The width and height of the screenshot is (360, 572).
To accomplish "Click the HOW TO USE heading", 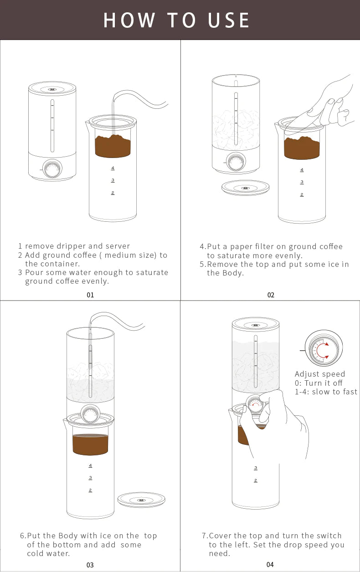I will [177, 20].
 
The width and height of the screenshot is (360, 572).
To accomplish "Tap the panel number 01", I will [90, 295].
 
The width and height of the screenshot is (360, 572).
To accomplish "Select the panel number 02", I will [271, 295].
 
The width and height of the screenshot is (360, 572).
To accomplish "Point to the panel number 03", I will [90, 565].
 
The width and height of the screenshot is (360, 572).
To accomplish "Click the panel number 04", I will [270, 565].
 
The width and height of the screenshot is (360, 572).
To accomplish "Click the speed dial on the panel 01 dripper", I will [53, 169].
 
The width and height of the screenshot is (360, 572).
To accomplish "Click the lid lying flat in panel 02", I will [245, 188].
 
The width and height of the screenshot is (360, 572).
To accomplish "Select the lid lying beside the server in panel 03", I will [141, 500].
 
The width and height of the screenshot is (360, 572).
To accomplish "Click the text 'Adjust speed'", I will [320, 374].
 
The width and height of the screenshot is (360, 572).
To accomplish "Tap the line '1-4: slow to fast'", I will [326, 392].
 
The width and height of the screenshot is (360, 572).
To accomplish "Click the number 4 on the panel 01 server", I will [113, 168].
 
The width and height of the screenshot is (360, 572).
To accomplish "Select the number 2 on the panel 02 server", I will [302, 194].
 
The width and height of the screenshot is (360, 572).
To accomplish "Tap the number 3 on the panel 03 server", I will [90, 477].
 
